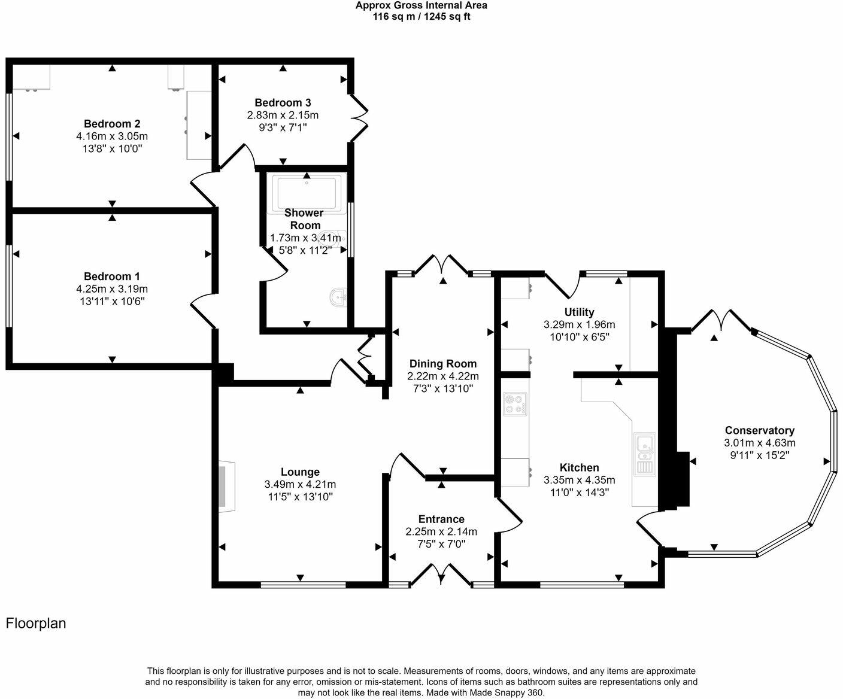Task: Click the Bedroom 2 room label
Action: point(112,124)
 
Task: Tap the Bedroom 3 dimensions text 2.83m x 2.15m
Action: point(283,115)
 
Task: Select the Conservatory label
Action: point(759,430)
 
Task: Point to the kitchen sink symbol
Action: point(645,454)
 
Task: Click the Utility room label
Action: point(579,312)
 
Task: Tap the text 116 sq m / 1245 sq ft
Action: point(421,17)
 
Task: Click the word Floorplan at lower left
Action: point(36,623)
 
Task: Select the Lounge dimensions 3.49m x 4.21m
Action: point(299,484)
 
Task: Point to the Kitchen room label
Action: point(579,467)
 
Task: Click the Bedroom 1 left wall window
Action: point(9,285)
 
